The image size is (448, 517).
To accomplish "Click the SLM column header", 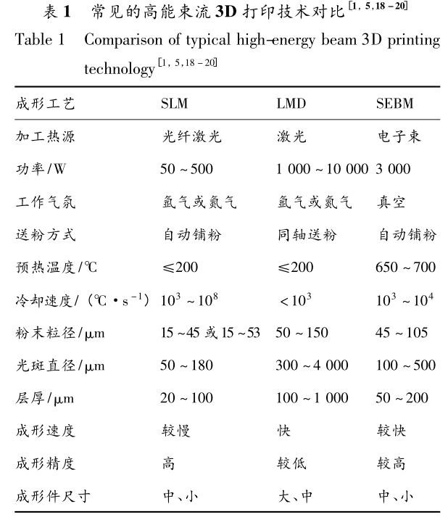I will [x=174, y=104].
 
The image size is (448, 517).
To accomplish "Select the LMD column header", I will [x=291, y=104].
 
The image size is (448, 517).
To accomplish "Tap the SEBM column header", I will [x=394, y=104].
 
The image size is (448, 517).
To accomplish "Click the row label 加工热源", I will [x=44, y=136].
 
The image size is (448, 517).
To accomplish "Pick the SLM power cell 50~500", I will [x=186, y=169].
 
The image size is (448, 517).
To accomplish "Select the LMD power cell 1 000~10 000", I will [x=322, y=169].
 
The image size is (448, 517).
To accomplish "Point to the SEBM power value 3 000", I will [x=393, y=169].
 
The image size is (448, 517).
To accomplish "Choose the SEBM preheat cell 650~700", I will [x=406, y=268].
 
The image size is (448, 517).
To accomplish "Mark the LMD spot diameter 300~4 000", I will [x=312, y=365].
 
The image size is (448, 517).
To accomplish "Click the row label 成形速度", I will [x=44, y=431].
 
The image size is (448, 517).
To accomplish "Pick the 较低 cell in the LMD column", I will [x=289, y=463].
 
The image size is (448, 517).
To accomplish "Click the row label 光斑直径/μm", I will [x=59, y=365].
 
